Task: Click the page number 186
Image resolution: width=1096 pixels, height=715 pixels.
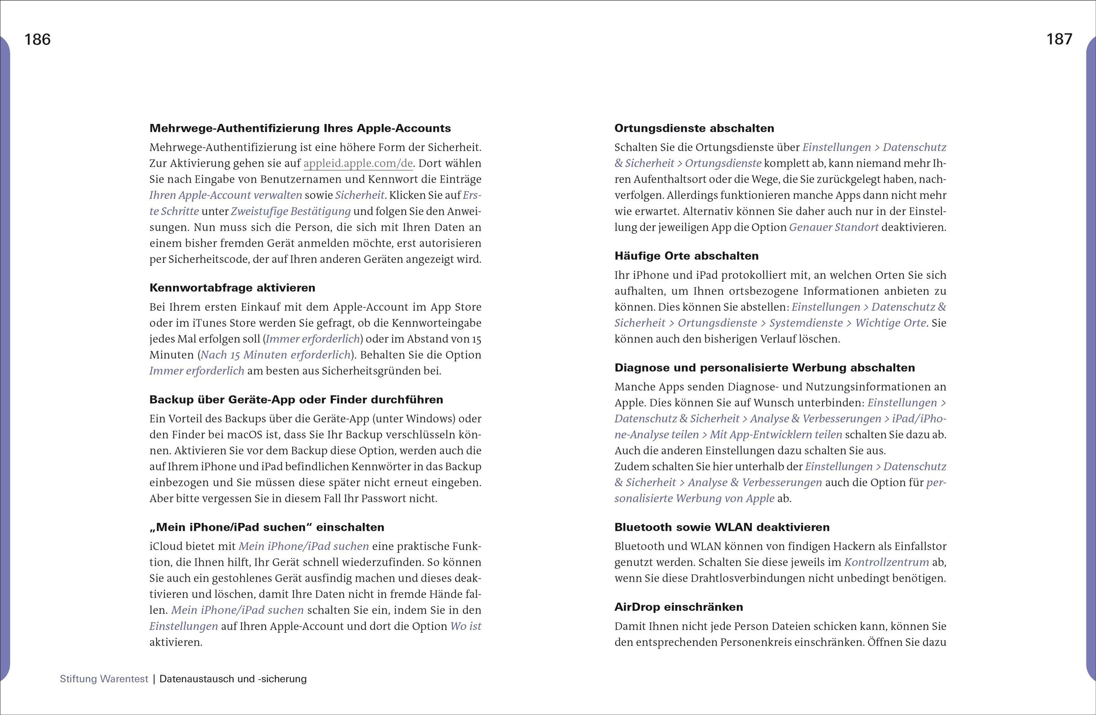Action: (37, 40)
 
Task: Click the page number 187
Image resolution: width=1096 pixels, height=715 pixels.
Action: (1059, 40)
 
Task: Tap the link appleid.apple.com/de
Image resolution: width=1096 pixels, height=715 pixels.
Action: (358, 164)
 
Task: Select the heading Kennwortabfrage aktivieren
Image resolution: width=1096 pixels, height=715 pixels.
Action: (232, 288)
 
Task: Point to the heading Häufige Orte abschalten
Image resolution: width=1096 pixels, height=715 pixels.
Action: (686, 256)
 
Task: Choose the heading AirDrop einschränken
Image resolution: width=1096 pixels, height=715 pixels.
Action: (678, 607)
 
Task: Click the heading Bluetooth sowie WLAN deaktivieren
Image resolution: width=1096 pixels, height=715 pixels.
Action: (722, 527)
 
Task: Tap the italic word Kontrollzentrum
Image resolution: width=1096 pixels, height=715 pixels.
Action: (886, 562)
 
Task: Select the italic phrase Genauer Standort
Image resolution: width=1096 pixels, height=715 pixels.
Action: (833, 228)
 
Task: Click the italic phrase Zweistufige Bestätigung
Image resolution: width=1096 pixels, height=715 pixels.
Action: (290, 212)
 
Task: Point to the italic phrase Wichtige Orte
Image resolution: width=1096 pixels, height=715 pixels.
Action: (890, 323)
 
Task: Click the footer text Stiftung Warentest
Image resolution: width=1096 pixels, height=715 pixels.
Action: (104, 678)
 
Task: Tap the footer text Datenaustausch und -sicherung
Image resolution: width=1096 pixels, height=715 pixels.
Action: (233, 678)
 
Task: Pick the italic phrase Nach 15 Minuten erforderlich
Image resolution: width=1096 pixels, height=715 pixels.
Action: (275, 355)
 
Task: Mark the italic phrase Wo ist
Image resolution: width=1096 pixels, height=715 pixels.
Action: (465, 626)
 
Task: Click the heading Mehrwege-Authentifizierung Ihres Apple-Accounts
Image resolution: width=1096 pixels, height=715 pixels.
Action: (300, 128)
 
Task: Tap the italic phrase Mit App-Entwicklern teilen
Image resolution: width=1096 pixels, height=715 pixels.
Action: (775, 435)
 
